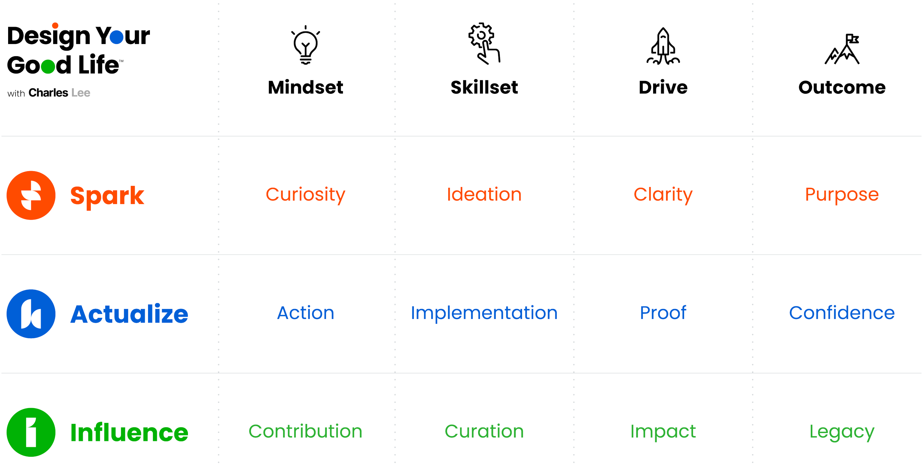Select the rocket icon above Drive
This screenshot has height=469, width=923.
[x=663, y=46]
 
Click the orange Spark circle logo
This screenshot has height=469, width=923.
[x=31, y=195]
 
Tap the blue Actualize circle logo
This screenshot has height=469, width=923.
[x=31, y=313]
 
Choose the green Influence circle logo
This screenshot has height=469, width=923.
[x=31, y=432]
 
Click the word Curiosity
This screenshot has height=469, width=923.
[x=305, y=195]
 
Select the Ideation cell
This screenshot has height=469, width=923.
[x=484, y=195]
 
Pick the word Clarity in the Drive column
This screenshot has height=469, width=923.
[x=663, y=195]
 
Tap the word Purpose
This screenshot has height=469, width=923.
[x=842, y=195]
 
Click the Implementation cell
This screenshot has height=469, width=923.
[x=484, y=313]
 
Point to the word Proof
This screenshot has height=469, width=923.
[x=663, y=313]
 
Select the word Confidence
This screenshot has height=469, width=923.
[x=842, y=313]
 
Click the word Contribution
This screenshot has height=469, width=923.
[x=305, y=431]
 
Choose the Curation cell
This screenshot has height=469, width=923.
[x=484, y=431]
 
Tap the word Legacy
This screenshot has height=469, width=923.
[x=842, y=432]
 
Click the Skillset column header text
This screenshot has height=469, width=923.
[x=484, y=88]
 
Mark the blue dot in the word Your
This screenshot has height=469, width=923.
[x=116, y=37]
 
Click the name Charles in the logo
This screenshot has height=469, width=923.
[x=48, y=93]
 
